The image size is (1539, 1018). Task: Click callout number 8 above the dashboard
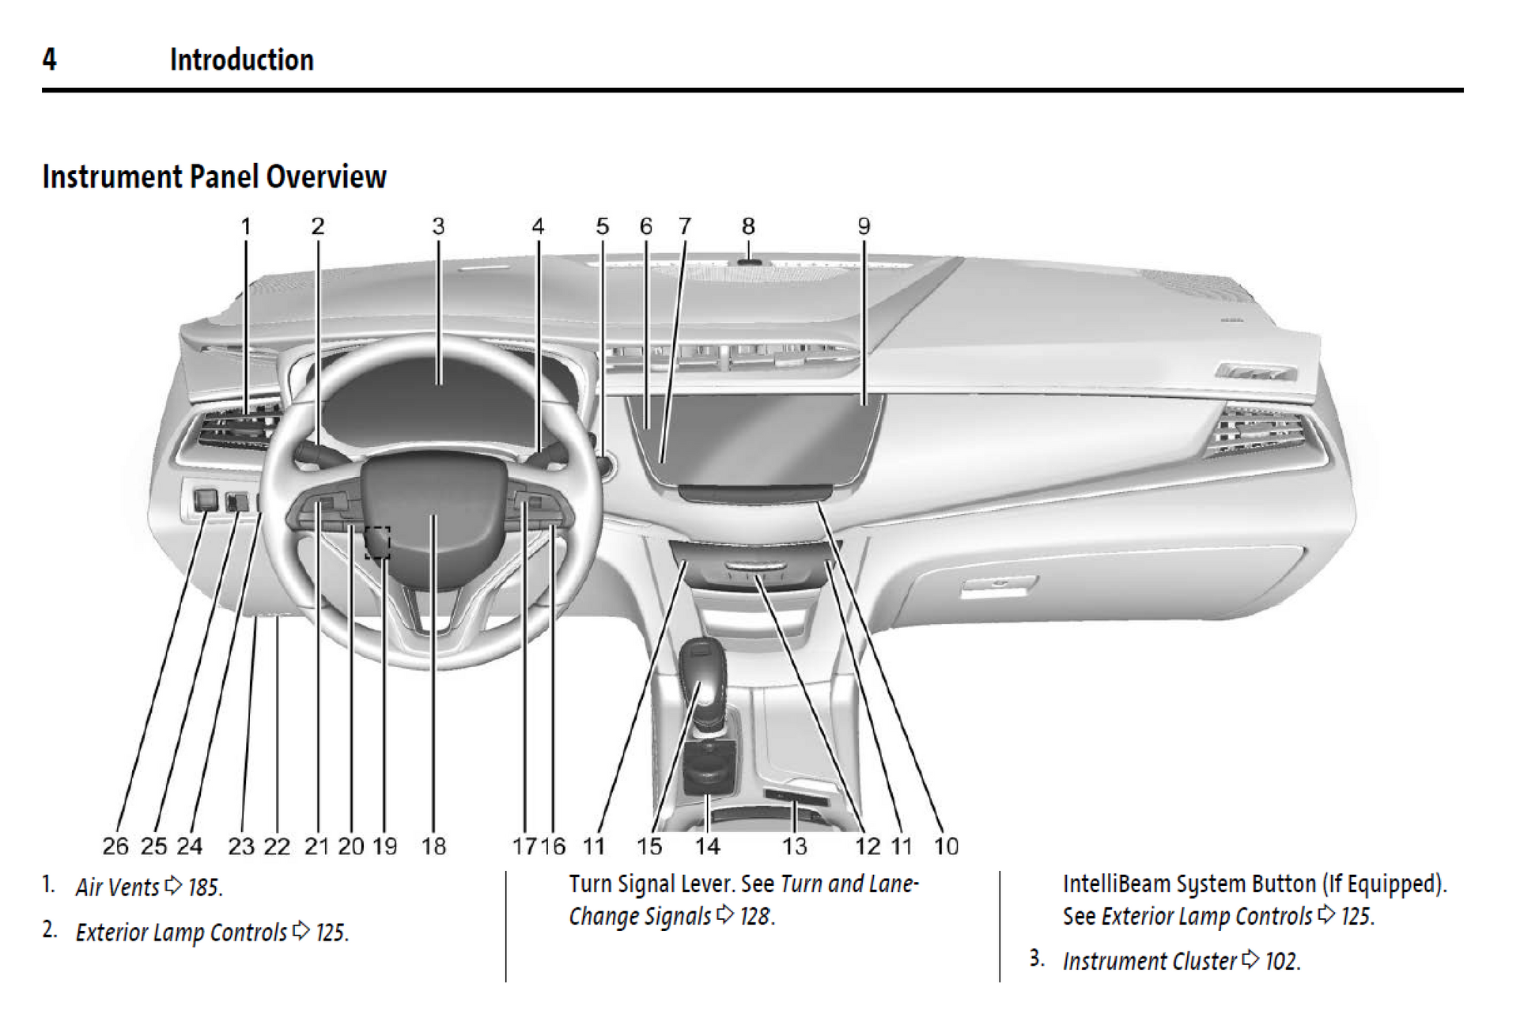tap(747, 226)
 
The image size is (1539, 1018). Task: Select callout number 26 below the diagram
tap(115, 846)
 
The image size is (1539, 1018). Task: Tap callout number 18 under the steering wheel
tap(433, 846)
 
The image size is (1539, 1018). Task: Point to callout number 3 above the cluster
tap(438, 226)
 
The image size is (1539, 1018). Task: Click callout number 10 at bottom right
tap(946, 846)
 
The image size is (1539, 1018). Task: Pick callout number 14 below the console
tap(707, 846)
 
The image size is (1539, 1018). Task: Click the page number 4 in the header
tap(49, 59)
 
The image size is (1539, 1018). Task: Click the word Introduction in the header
tap(241, 60)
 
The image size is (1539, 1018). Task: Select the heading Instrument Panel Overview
tap(214, 176)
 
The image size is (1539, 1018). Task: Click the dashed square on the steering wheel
tap(378, 543)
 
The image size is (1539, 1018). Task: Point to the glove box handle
tap(998, 586)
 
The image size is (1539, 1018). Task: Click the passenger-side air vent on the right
tap(1257, 431)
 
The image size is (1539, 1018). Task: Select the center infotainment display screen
tap(755, 439)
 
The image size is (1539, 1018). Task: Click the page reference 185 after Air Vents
tap(205, 887)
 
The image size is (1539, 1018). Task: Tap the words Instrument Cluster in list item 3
tap(1149, 961)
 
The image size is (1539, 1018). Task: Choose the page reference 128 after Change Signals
tap(756, 916)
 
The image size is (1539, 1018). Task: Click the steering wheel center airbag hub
tap(433, 514)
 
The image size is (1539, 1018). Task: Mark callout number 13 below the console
tap(795, 846)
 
